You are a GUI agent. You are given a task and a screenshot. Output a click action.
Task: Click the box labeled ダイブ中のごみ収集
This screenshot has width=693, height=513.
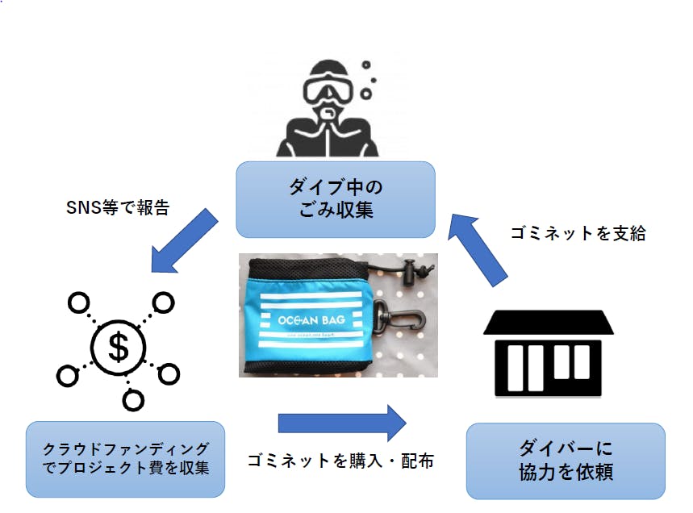335,198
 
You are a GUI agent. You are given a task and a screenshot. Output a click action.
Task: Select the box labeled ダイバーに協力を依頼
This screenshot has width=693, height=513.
566,461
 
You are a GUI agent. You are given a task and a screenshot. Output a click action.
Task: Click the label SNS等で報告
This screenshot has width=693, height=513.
118,207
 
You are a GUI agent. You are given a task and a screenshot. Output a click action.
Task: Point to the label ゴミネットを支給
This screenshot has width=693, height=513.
578,233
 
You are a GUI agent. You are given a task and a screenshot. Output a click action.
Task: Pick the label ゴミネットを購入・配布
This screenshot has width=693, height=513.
340,461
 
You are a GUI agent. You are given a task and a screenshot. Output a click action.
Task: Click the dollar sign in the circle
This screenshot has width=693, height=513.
119,348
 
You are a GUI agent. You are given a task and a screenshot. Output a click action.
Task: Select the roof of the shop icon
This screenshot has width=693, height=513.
549,323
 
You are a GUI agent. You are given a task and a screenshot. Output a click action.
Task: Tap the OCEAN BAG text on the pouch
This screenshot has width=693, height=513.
309,319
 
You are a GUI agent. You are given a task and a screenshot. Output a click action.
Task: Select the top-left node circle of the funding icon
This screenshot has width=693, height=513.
77,304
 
